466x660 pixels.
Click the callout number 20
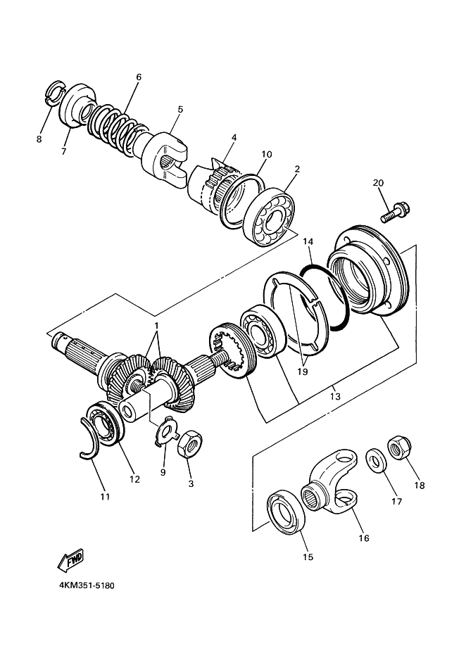click(x=379, y=183)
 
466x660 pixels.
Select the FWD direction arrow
click(x=70, y=560)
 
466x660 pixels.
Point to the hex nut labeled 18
click(x=398, y=449)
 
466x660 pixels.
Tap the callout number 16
click(x=364, y=538)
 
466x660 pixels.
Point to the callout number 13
click(x=335, y=396)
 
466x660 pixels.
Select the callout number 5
click(x=180, y=110)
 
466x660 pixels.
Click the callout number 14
click(x=308, y=241)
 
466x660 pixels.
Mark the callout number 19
click(x=302, y=372)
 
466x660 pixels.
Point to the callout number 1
click(x=156, y=326)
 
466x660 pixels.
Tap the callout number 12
click(x=134, y=479)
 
